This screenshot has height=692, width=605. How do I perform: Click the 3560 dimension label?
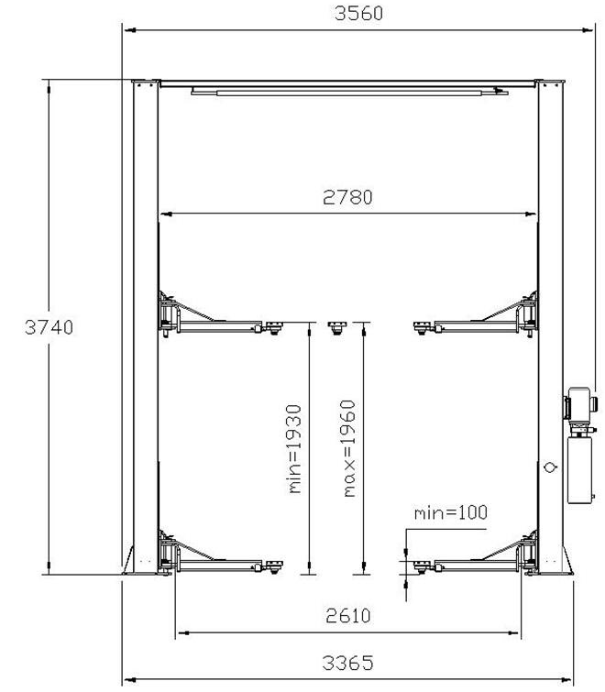point(358,13)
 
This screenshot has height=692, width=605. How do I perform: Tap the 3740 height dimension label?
point(49,327)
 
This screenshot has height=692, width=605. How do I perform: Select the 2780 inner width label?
point(347,197)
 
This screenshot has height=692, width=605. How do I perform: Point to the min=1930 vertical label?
point(295,449)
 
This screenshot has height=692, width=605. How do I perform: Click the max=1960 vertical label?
point(349,448)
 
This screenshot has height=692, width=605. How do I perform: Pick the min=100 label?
point(451,512)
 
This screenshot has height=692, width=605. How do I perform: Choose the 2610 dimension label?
point(348,616)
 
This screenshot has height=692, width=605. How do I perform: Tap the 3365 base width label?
point(347,663)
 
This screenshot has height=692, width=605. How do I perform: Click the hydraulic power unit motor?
point(580,405)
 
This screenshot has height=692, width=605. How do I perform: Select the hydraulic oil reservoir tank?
point(579,470)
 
